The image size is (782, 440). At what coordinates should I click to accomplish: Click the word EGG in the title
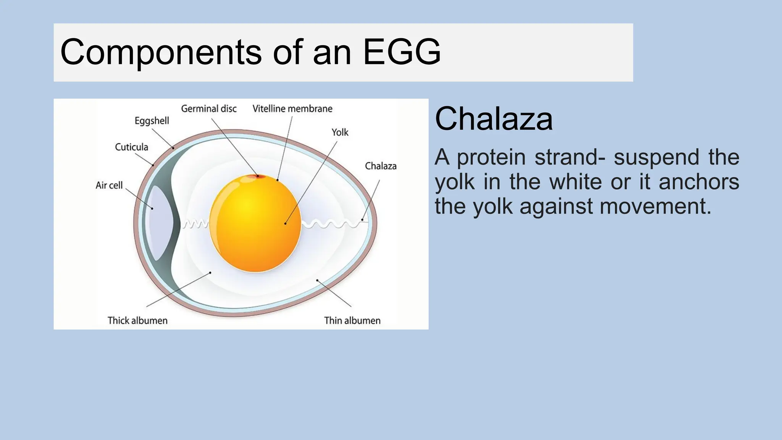pos(402,52)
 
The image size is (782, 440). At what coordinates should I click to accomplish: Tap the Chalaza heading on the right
pos(493,119)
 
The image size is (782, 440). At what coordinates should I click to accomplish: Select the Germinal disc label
pos(208,109)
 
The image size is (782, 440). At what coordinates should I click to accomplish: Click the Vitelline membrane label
pos(292,109)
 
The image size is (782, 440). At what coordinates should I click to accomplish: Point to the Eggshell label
pos(152,121)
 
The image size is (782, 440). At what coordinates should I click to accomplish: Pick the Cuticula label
pos(131,147)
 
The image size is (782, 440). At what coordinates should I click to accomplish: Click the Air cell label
pos(109,185)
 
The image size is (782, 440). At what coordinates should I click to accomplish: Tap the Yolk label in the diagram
pos(339,133)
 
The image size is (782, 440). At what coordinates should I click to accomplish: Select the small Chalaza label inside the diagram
pos(380,166)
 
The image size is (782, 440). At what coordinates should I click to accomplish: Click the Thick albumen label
pos(137,320)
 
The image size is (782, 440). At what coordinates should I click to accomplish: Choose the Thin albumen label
pos(352,320)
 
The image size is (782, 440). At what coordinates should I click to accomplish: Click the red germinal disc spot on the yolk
pos(258,176)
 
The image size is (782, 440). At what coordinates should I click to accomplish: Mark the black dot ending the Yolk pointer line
pos(285,223)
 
